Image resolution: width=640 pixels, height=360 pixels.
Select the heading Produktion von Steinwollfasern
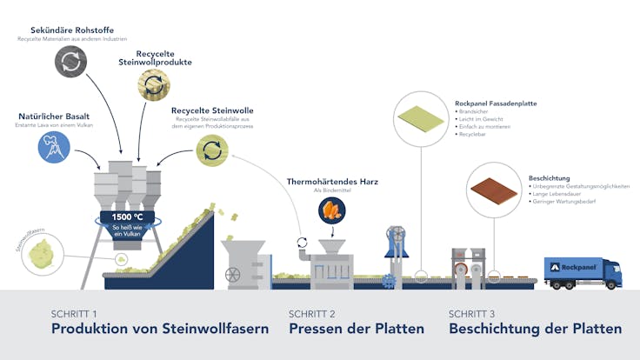[159, 329]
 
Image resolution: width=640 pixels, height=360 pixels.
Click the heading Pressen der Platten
[357, 329]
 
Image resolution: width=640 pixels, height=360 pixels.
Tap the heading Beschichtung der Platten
[535, 329]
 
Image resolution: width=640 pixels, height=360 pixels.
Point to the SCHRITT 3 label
[475, 313]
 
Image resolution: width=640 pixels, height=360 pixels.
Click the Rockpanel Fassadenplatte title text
[496, 103]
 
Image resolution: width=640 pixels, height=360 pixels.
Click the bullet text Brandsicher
[477, 112]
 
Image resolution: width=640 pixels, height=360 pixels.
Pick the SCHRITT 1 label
[75, 313]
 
